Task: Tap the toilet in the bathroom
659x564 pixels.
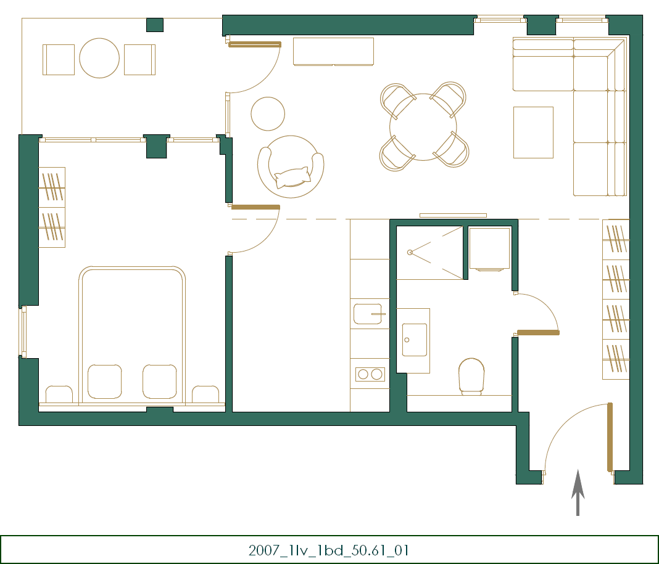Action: pos(471,375)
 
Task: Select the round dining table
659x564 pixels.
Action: pos(423,127)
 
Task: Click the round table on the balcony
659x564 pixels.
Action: pos(99,59)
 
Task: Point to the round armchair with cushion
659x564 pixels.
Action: pos(291,166)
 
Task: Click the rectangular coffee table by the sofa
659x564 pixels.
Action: pos(533,132)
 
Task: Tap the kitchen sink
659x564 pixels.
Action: pos(368,314)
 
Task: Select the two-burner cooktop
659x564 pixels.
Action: pos(370,374)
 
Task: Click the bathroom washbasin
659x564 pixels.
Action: pos(414,340)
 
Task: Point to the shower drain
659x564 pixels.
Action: pos(410,251)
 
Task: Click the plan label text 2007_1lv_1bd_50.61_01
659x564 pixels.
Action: pos(329,550)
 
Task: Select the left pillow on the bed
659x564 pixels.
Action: pos(104,381)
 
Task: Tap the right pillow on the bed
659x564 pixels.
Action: pos(160,381)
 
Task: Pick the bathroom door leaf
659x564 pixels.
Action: pos(538,333)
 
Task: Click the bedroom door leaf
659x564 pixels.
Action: pos(255,207)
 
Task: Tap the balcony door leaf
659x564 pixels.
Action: pos(255,44)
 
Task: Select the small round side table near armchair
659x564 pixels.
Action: pos(268,113)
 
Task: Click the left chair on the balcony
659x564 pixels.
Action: pos(59,59)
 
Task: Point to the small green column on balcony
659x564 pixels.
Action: pos(154,25)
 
